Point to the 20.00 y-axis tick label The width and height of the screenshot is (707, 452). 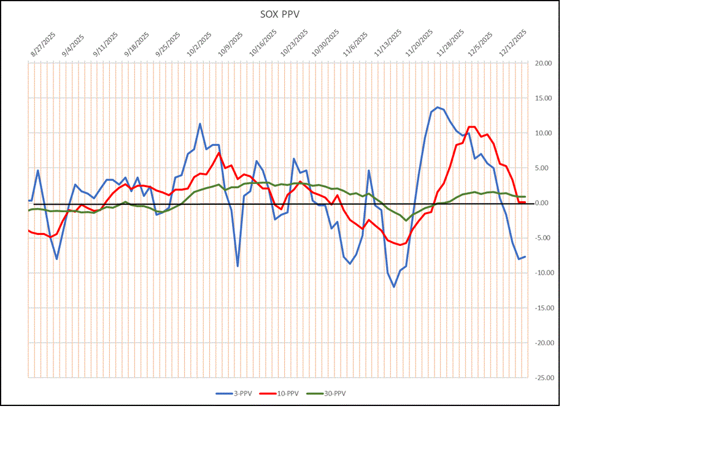click(544, 63)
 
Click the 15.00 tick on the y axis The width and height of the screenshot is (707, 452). click(544, 98)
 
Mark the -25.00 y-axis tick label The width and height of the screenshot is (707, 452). click(543, 378)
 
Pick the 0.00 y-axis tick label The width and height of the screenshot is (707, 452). click(545, 203)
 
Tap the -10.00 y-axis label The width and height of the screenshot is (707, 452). click(543, 273)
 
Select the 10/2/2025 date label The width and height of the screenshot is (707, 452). click(199, 45)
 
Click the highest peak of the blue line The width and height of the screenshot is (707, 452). click(438, 107)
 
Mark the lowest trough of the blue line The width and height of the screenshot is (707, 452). click(394, 286)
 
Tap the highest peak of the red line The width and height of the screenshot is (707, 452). click(471, 127)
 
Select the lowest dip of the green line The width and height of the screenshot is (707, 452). click(406, 220)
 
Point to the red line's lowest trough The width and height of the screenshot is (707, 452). click(400, 245)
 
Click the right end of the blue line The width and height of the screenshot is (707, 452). click(525, 256)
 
